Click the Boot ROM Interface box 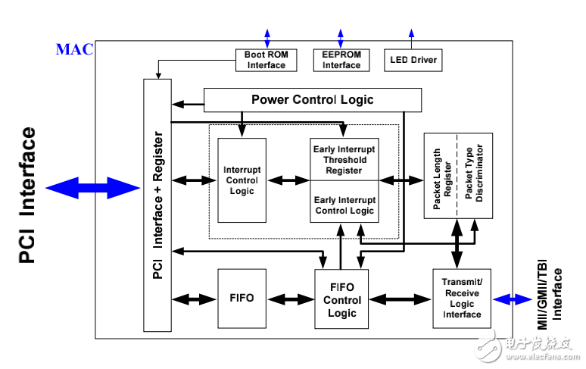pos(266,60)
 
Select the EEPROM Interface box pos(341,60)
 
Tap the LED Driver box pos(413,60)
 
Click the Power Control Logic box pos(312,100)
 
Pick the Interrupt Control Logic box pos(242,180)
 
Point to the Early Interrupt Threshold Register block pos(344,159)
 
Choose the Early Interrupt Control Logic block pos(344,201)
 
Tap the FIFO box pos(242,299)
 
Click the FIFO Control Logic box pos(342,299)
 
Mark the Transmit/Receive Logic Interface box pos(462,299)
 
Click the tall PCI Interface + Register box pos(157,205)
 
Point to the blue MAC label pos(74,50)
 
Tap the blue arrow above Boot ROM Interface pos(266,39)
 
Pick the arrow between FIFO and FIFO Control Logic pos(291,299)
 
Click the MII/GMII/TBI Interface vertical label pos(550,298)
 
